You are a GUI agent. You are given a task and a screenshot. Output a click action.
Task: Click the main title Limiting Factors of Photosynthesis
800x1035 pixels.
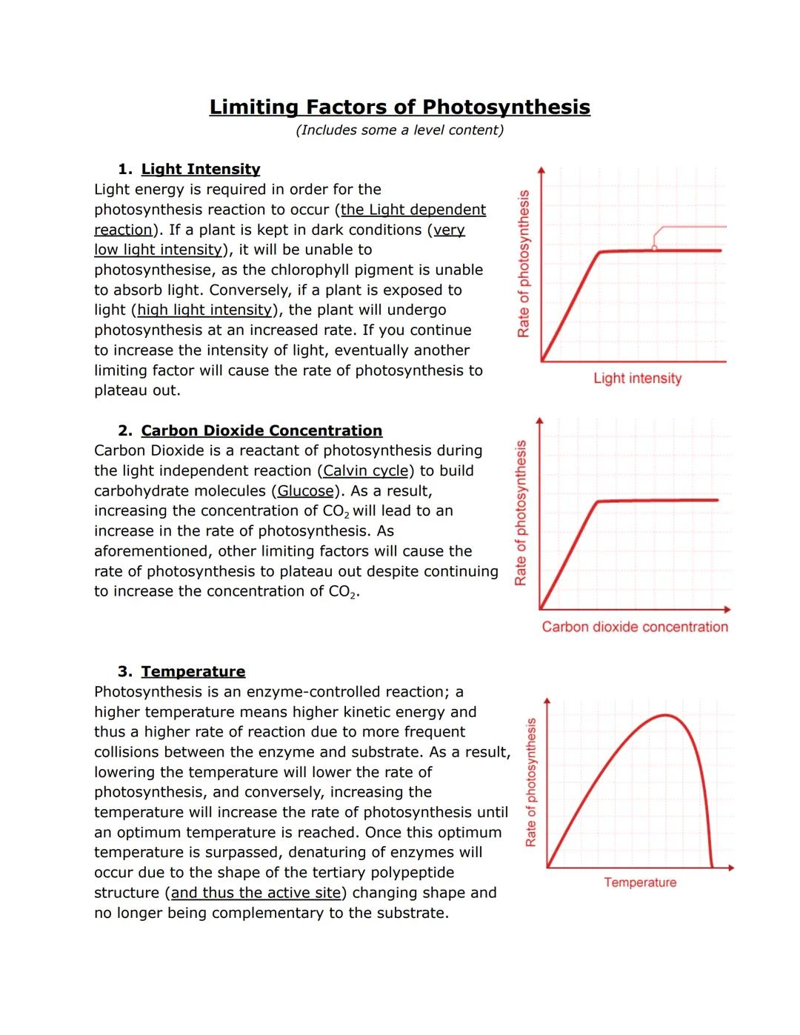click(399, 107)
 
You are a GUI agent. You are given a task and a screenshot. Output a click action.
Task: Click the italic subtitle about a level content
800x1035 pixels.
click(399, 130)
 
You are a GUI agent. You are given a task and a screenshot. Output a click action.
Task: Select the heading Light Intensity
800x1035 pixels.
click(200, 170)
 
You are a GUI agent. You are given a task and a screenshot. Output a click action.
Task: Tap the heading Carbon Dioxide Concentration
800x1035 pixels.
click(261, 431)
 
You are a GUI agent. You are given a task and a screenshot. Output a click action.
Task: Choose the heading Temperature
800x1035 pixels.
click(193, 672)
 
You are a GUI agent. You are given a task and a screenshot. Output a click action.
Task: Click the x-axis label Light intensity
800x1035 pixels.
click(637, 379)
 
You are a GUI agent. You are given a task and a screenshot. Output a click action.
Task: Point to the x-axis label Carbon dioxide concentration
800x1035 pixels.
click(635, 628)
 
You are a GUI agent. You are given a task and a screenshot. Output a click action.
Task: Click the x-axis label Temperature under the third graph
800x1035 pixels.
click(640, 882)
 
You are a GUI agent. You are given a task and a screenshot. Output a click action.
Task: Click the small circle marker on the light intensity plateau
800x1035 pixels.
click(654, 248)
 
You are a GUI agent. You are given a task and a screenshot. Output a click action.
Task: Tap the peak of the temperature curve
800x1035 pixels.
click(667, 715)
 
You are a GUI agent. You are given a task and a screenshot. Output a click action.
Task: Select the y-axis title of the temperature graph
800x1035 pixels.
click(530, 782)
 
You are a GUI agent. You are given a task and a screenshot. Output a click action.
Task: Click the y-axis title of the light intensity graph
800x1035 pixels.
click(524, 264)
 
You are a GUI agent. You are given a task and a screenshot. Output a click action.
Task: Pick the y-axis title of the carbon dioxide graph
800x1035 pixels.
click(521, 513)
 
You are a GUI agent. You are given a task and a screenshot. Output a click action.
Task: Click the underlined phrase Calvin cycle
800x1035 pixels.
click(366, 471)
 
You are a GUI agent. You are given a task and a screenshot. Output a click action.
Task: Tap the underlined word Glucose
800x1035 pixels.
click(305, 491)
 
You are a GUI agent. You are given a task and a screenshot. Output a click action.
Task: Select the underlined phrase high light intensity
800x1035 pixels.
click(204, 310)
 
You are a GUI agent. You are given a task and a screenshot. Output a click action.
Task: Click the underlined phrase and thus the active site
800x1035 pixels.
click(255, 893)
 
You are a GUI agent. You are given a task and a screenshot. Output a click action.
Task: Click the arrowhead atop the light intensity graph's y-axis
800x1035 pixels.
click(541, 169)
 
